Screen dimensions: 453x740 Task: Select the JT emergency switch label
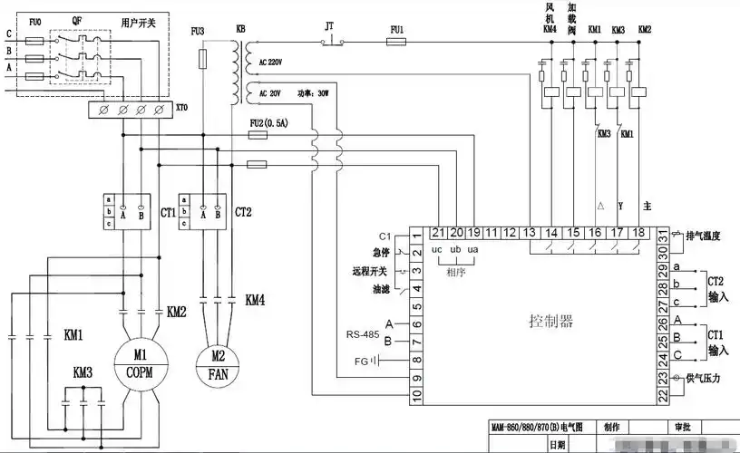330,28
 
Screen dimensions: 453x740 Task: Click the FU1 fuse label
395,29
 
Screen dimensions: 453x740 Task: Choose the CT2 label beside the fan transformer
243,214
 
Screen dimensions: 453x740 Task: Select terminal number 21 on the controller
437,234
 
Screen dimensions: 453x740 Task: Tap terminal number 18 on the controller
638,234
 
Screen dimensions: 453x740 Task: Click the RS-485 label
362,333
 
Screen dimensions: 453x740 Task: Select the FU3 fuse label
198,32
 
